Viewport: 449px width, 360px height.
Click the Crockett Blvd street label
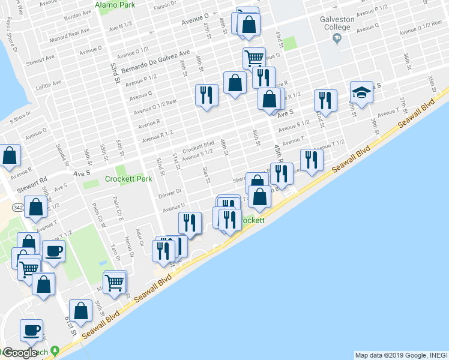click(x=199, y=146)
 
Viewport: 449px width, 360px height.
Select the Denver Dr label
click(x=170, y=193)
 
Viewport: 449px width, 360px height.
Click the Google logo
click(x=19, y=353)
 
